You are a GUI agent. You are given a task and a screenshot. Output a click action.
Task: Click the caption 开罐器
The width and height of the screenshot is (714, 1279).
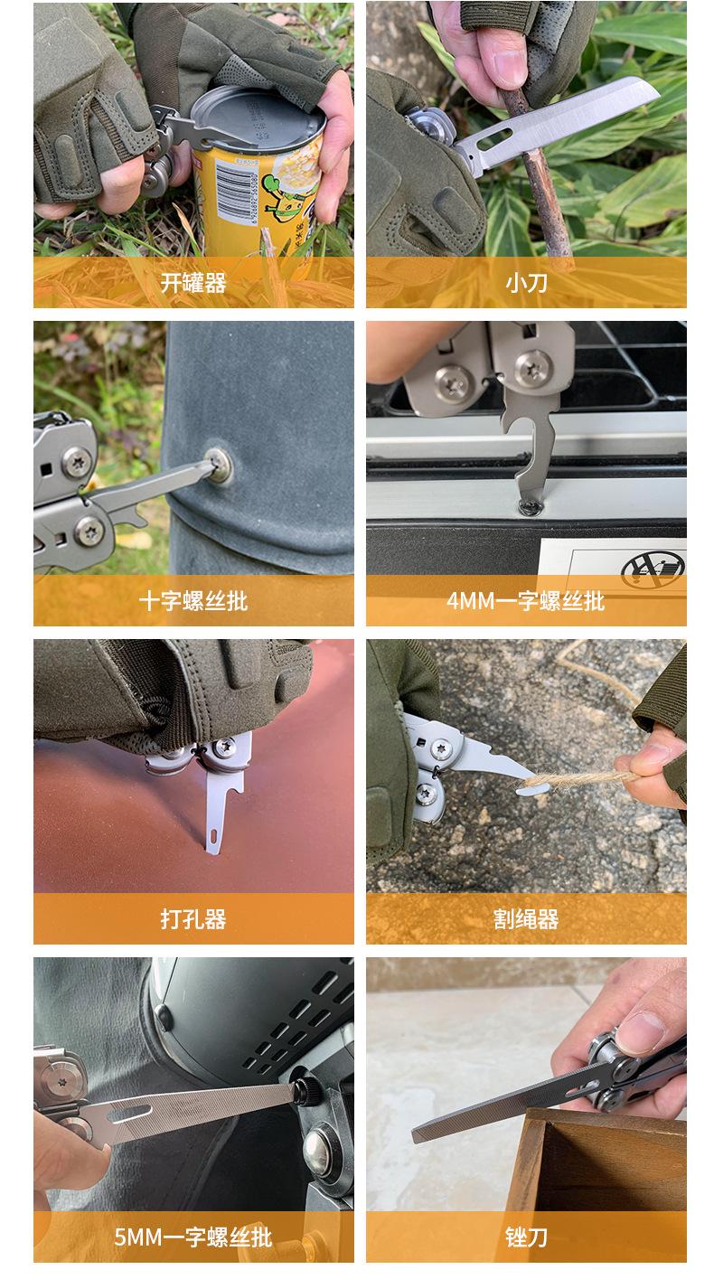193,283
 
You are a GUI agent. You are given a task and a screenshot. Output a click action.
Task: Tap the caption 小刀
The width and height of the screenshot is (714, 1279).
526,283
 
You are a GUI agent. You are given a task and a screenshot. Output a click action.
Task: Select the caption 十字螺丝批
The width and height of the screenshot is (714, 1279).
193,601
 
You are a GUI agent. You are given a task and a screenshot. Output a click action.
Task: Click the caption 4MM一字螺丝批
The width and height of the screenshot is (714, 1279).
526,601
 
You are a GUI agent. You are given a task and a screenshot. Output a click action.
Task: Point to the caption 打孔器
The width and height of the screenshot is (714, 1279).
193,919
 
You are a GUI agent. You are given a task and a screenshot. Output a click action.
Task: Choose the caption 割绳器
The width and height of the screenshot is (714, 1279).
526,919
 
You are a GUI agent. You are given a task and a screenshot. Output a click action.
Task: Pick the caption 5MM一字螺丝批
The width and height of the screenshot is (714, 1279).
193,1237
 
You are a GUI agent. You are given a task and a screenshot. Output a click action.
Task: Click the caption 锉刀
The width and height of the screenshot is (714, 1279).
526,1237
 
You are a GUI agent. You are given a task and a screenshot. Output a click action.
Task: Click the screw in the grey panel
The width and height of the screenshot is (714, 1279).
217,464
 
